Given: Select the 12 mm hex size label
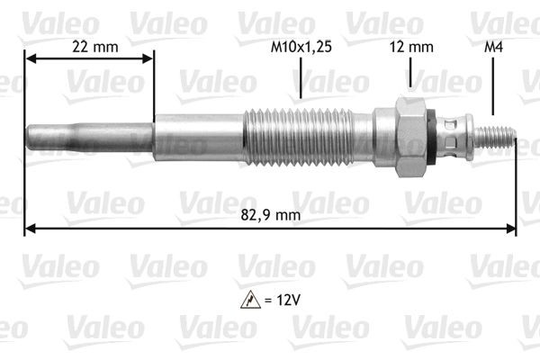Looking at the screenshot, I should point(409,46).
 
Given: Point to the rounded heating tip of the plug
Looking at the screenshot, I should point(36,140).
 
